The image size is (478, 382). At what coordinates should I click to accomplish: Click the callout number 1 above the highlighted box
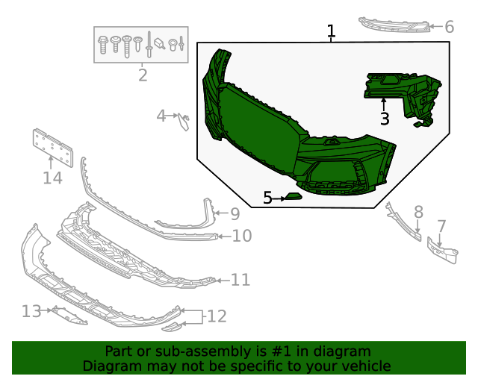point(331,31)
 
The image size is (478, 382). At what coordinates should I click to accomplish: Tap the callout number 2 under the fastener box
point(142,75)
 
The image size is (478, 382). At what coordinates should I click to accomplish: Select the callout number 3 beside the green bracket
point(384,119)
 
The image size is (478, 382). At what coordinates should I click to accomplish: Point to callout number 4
point(161,116)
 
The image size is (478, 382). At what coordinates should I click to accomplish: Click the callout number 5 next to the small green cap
point(268,198)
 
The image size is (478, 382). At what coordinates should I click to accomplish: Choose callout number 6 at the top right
point(449,27)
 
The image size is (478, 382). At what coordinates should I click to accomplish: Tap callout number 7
point(441,225)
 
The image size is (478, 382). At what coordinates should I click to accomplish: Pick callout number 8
point(418,212)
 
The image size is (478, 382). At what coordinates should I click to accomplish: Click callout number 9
point(235,214)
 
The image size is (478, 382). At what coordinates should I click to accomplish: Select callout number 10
point(242,237)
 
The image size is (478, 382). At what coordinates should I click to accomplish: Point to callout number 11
point(240,280)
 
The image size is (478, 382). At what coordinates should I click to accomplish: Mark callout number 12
point(216,316)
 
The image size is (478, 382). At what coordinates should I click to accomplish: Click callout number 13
point(31,310)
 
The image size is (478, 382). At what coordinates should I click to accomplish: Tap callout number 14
point(52,178)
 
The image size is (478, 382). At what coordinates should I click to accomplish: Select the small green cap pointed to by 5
point(294,198)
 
